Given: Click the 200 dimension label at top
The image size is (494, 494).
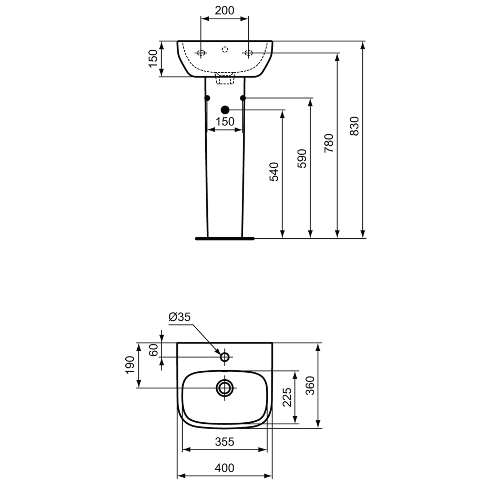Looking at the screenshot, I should (224, 11).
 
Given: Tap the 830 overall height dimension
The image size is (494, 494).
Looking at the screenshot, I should (354, 126).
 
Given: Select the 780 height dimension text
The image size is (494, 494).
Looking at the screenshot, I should (329, 143).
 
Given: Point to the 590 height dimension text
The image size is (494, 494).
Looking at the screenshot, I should (302, 158).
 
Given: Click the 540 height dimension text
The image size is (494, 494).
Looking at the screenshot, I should (274, 172).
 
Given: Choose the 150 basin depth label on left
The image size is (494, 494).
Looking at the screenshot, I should (153, 58).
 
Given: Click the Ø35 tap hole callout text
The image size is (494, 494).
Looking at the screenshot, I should (179, 317).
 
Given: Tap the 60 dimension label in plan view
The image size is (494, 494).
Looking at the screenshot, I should (154, 350).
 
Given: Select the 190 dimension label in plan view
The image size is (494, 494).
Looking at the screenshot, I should (130, 365).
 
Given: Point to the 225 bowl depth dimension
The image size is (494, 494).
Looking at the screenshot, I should (287, 397).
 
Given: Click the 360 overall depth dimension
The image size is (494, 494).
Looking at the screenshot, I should (310, 385).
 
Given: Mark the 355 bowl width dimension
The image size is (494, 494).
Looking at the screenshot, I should (224, 442).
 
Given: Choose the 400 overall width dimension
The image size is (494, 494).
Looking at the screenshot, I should (224, 468).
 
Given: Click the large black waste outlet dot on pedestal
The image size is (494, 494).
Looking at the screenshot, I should (225, 110).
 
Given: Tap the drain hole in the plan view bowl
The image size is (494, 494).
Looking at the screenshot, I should (225, 388).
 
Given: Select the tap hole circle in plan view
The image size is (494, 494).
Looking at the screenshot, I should (225, 357).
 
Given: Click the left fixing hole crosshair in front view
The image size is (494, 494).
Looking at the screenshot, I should (200, 53).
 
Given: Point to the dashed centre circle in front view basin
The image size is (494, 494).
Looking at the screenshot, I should (225, 50).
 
